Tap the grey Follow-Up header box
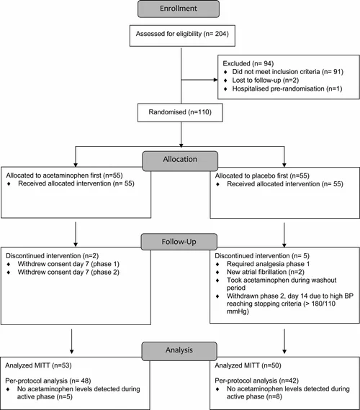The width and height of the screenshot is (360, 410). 179,242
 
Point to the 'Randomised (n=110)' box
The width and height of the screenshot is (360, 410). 179,113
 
